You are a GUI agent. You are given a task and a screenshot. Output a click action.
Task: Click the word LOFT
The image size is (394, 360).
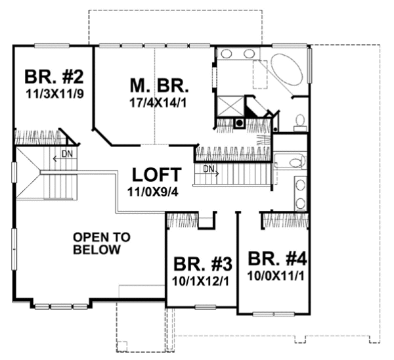pyautogui.click(x=156, y=175)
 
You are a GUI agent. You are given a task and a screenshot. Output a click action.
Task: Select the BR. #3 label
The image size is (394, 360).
pyautogui.click(x=202, y=264)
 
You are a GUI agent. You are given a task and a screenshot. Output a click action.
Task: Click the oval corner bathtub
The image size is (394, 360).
pyautogui.click(x=286, y=70)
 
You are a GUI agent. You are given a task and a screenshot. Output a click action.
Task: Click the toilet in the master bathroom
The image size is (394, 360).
pyautogui.click(x=299, y=120)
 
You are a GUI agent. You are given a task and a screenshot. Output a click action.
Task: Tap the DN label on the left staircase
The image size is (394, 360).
pyautogui.click(x=66, y=154)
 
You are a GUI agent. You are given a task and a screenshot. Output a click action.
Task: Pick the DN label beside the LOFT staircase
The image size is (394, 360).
pyautogui.click(x=208, y=169)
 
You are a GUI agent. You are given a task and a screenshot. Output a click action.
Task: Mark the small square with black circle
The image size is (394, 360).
pyautogui.click(x=240, y=122)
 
